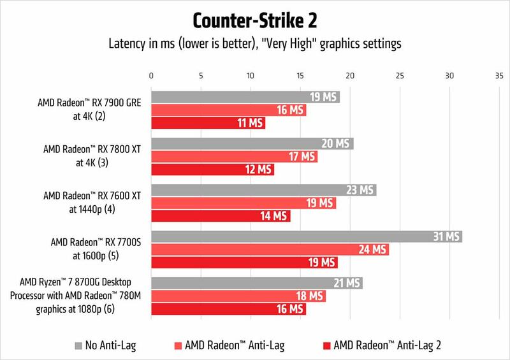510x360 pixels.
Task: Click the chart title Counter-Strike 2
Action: (255, 20)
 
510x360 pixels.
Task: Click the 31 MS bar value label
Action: (446, 236)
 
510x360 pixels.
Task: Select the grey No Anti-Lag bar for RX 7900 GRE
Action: (245, 97)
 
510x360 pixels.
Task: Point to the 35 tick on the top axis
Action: (499, 75)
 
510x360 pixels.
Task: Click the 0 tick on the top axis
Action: (151, 75)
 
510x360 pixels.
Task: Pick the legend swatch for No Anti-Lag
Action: (78, 345)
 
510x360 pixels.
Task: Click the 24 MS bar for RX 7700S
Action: (270, 250)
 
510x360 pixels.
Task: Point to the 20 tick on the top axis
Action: (349, 75)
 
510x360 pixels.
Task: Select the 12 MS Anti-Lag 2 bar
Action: (212, 170)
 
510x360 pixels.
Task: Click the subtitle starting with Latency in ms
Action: (255, 43)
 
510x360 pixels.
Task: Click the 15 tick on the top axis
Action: (300, 75)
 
